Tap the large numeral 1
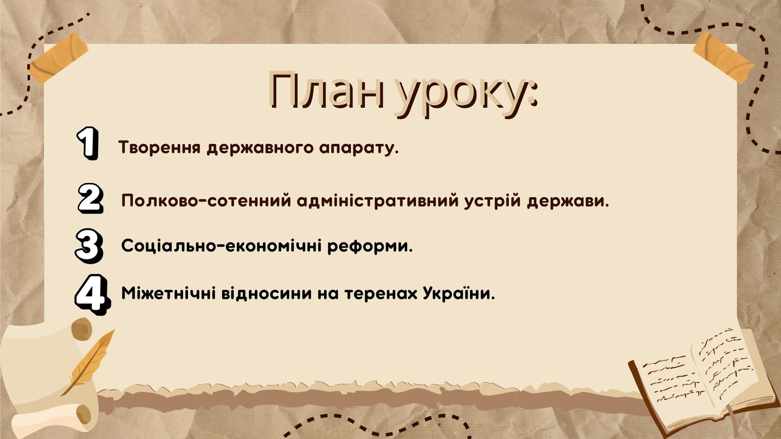(87, 143)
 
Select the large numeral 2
(90, 198)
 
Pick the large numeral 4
(92, 295)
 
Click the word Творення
(160, 147)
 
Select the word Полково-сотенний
(206, 201)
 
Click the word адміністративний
(378, 201)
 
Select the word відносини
(267, 294)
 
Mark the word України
(459, 293)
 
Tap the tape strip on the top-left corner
(58, 58)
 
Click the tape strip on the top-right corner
(723, 58)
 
